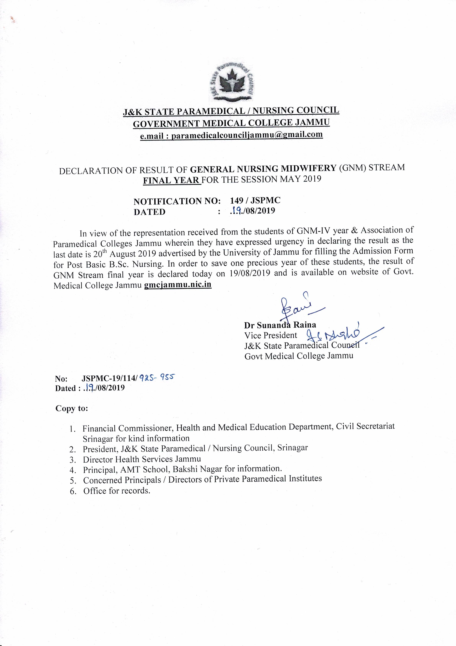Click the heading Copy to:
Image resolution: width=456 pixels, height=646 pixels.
(72, 408)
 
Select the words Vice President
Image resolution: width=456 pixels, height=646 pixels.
(271, 335)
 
